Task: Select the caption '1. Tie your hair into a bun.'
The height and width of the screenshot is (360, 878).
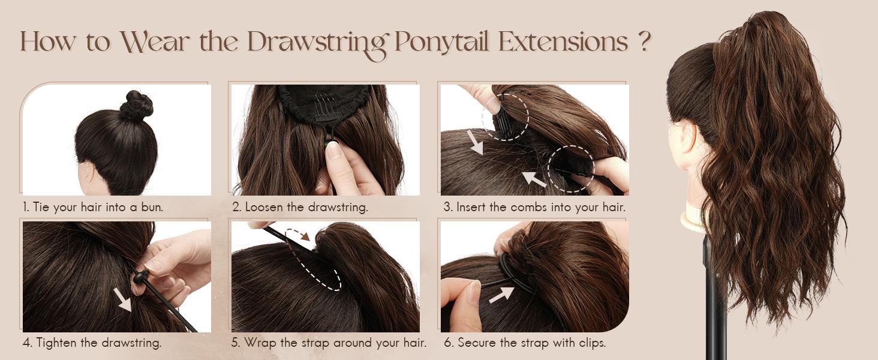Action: pyautogui.click(x=93, y=208)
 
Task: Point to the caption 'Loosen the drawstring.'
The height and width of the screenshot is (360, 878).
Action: pyautogui.click(x=306, y=208)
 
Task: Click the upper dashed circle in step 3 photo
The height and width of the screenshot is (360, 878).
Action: pyautogui.click(x=505, y=116)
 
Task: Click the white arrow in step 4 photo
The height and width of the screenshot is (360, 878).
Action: pyautogui.click(x=123, y=299)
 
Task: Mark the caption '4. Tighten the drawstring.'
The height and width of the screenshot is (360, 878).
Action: pyautogui.click(x=92, y=343)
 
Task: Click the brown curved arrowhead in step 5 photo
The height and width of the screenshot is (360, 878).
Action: pyautogui.click(x=305, y=236)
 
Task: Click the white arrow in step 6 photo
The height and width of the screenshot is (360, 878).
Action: pyautogui.click(x=501, y=294)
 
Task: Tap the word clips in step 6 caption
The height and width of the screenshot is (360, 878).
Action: pyautogui.click(x=591, y=343)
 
